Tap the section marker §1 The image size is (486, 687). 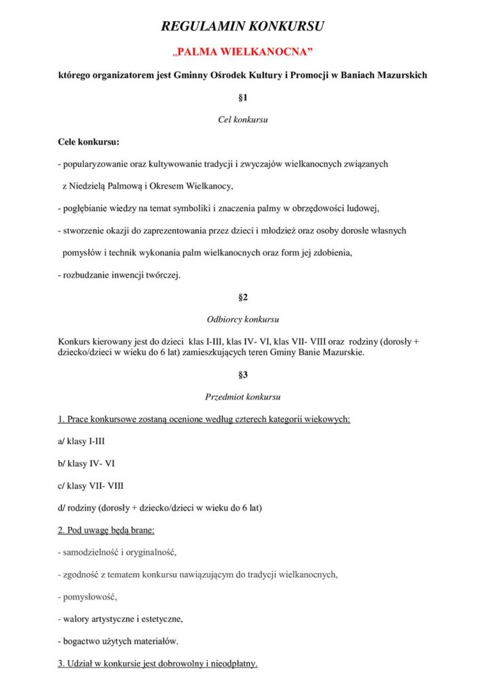(x=242, y=98)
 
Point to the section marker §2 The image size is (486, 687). (x=242, y=297)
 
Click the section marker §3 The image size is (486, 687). (x=242, y=374)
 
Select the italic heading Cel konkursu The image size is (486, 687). (x=242, y=120)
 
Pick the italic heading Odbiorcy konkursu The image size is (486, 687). (x=242, y=319)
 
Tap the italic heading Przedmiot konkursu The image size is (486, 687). (x=242, y=397)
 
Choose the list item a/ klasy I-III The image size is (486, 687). (x=81, y=441)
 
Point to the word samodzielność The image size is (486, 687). (x=91, y=552)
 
